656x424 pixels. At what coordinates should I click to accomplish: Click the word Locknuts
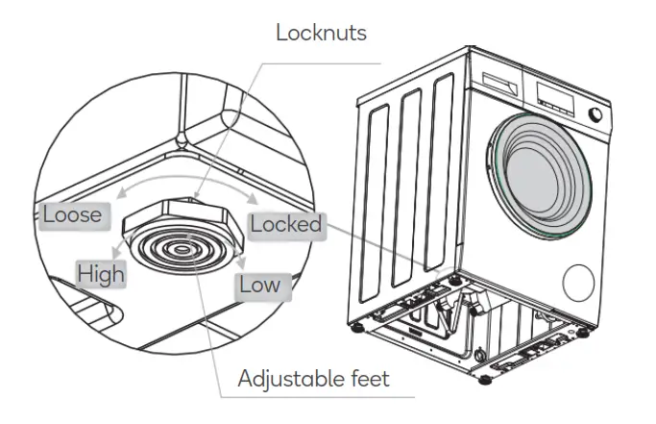click(321, 33)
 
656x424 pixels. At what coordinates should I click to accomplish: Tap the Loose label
click(72, 213)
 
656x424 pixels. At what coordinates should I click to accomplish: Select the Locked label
click(284, 224)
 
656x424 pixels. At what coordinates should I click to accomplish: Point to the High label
click(101, 274)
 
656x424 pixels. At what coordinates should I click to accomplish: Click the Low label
click(259, 285)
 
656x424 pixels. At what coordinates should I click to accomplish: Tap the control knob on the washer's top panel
click(596, 114)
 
